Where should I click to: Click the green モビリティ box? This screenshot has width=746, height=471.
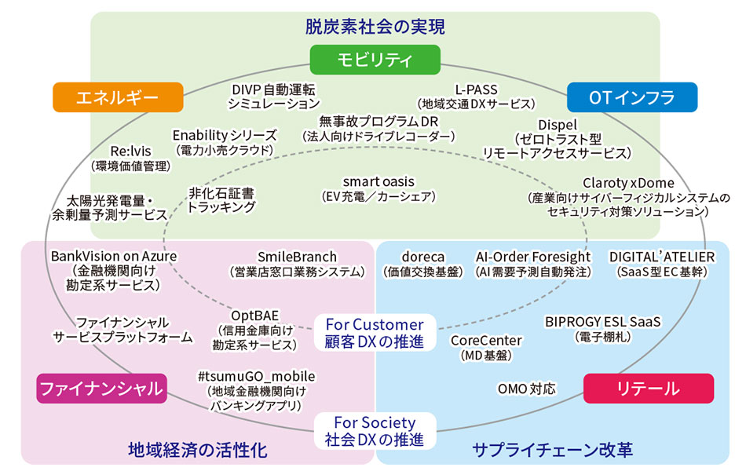click(x=373, y=60)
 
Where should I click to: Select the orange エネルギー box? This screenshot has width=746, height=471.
click(x=118, y=97)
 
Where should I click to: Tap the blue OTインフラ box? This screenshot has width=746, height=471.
click(x=631, y=97)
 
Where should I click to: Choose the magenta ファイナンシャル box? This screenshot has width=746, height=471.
click(x=101, y=388)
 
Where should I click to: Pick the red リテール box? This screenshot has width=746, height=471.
click(x=648, y=388)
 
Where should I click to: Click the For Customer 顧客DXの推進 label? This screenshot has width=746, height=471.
click(x=375, y=333)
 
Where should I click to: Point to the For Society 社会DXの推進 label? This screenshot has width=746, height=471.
click(x=373, y=430)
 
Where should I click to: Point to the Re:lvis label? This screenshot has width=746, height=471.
click(x=130, y=151)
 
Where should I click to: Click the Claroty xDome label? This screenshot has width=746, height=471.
click(x=628, y=182)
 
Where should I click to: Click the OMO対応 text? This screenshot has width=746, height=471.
click(x=526, y=389)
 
